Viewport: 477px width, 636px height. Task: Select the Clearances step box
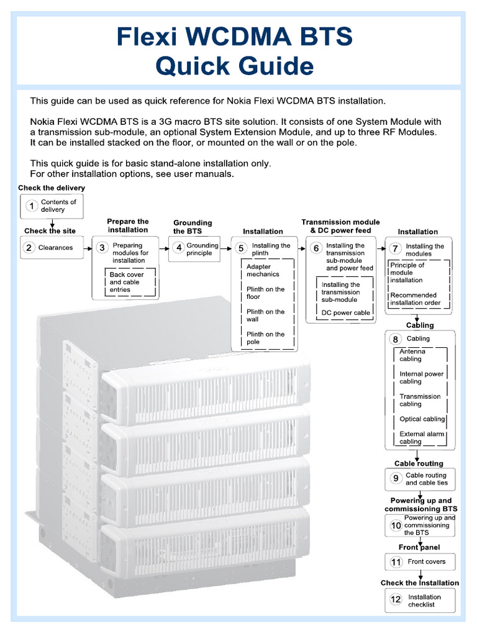52,248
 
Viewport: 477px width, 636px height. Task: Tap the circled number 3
102,247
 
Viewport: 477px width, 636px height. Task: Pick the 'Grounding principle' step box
194,249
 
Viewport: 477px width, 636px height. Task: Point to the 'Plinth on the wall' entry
265,316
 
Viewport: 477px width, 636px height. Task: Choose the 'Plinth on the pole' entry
265,338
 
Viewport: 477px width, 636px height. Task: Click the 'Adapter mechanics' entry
263,270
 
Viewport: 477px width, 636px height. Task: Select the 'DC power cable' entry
345,313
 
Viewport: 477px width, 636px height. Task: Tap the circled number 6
316,248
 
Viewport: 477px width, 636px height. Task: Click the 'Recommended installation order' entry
416,299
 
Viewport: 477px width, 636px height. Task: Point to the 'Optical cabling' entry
422,419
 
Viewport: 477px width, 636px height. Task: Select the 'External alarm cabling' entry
422,438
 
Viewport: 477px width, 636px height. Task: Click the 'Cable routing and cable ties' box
420,479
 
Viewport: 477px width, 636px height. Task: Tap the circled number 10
396,525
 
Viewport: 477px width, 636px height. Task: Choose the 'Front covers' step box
420,562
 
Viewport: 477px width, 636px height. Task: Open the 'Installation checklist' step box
420,601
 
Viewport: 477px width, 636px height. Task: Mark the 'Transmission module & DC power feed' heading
340,226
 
